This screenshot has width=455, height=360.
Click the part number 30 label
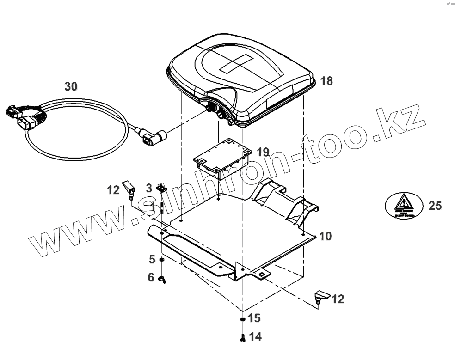[71, 86]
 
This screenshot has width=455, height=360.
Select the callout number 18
[326, 81]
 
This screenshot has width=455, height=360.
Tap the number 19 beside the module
[262, 152]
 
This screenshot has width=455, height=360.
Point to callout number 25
[435, 206]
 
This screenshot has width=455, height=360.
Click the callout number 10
[326, 237]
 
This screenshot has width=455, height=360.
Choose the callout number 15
[254, 318]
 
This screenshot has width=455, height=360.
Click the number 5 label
[152, 260]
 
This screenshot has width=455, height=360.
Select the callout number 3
[149, 188]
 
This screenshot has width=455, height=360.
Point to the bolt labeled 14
[243, 338]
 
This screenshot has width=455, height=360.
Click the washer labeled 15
[243, 319]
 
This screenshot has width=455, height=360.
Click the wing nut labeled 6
[162, 279]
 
